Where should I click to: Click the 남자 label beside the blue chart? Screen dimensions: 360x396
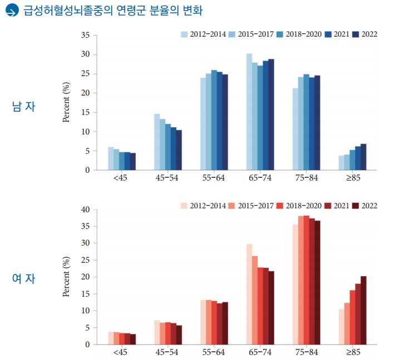coord(23,106)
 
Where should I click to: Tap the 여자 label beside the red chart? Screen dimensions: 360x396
coord(23,278)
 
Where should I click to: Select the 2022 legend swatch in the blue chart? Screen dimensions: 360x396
coord(356,34)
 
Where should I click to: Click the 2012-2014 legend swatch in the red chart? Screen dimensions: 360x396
coord(184,206)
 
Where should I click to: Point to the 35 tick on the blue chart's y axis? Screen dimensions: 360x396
coord(85,35)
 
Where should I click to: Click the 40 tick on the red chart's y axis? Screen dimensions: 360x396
coord(85,210)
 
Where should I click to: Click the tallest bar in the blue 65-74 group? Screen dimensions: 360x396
coord(249,112)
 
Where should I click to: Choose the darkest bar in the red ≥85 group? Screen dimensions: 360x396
coord(363,310)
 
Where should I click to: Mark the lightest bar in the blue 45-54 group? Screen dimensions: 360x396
coord(157,142)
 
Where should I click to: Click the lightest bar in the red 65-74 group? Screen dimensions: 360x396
coord(249,294)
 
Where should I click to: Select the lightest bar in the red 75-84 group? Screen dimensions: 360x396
coord(295,284)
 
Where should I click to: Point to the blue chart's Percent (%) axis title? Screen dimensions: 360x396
coord(66,102)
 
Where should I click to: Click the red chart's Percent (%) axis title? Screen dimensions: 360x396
coord(66,277)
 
